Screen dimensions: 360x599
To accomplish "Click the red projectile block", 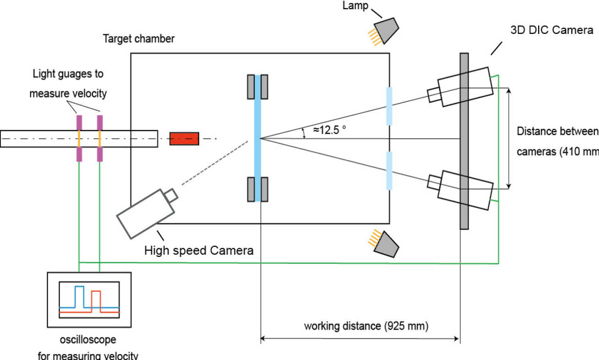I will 184,138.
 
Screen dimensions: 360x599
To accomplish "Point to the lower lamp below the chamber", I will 387,243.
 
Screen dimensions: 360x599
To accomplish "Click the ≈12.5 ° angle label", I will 329,130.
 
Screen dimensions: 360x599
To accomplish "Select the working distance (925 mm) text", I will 366,326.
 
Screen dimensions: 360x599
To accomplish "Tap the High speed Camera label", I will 199,251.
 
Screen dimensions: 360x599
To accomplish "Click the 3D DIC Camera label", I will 552,31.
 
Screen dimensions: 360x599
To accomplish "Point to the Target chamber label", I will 138,39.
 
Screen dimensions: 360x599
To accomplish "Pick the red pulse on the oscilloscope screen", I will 96,300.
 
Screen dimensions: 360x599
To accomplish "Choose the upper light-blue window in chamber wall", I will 389,106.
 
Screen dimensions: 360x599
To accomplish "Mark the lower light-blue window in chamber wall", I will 389,168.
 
